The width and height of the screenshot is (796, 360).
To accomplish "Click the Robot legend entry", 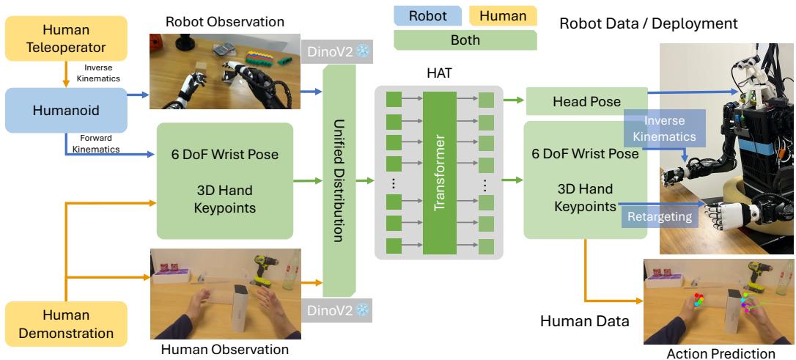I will tap(428, 15).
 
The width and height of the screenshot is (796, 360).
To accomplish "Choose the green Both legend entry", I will tap(465, 40).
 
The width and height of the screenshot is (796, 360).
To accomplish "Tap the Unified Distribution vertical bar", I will tap(339, 180).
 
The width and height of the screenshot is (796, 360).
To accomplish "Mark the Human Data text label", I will tap(584, 320).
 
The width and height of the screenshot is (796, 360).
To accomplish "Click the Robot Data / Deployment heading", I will tap(648, 23).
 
